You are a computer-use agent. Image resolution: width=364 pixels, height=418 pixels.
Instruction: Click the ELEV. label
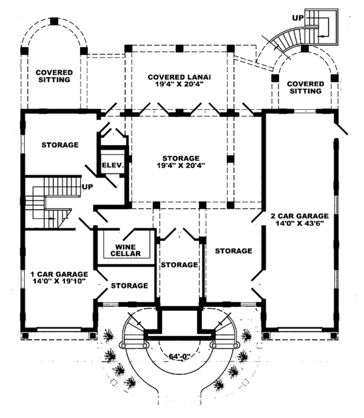point(112,165)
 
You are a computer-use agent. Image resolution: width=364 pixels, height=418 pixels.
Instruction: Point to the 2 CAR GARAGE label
point(300,215)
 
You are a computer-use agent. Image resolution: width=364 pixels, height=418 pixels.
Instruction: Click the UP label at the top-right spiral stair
point(297,18)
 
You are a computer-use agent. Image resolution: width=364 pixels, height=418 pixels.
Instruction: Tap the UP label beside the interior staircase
point(87,187)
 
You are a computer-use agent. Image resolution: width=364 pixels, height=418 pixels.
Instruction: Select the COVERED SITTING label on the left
point(53,76)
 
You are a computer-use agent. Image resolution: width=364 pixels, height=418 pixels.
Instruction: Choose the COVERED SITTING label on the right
point(304,87)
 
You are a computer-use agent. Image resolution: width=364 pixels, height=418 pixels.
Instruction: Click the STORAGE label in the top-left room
point(60,145)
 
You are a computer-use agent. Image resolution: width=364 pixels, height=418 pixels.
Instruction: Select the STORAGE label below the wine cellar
point(129,285)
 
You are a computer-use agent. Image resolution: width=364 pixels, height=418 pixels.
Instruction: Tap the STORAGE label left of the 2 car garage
point(233,251)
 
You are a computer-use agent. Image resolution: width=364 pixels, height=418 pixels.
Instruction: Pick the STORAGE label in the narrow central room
point(179,265)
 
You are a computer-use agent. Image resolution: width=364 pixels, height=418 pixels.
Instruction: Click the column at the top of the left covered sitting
point(53,21)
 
